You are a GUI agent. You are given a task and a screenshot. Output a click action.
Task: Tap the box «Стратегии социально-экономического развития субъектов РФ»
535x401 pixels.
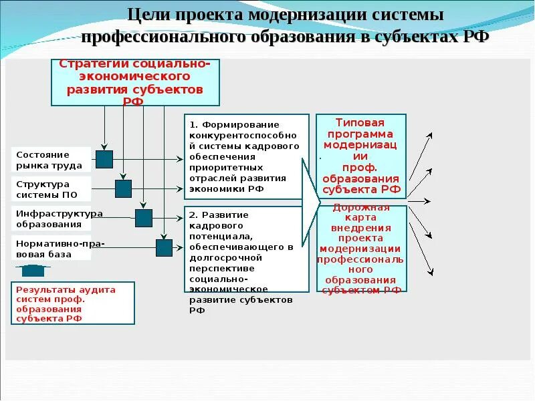click(x=135, y=82)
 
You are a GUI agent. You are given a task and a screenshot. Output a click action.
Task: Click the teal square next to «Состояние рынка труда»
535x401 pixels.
click(x=104, y=159)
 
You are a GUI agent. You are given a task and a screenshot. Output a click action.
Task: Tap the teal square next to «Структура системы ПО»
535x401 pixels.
click(x=123, y=188)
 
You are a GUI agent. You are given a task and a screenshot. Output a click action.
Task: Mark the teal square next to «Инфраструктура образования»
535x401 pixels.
click(x=144, y=218)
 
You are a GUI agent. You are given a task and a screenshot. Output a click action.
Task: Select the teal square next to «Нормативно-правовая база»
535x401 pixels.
click(x=164, y=248)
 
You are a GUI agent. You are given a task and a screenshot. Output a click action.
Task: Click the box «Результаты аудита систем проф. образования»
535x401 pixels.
click(x=73, y=303)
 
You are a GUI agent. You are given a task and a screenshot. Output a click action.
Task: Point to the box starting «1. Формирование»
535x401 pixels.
click(x=246, y=156)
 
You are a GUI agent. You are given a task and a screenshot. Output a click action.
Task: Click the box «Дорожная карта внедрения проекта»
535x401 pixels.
click(x=361, y=249)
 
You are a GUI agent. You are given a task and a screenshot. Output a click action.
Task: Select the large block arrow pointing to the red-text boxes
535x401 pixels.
click(x=310, y=200)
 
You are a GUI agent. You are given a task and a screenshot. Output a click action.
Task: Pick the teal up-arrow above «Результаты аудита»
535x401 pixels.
click(x=33, y=270)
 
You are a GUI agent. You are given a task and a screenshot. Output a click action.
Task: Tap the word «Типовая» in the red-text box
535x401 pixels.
click(x=360, y=123)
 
